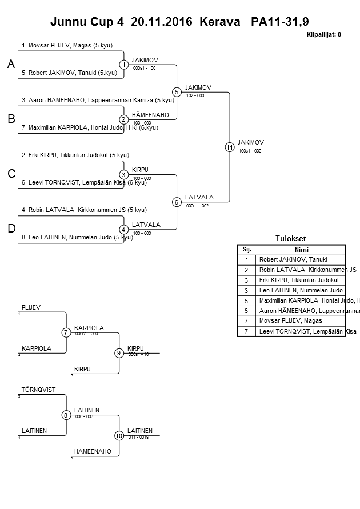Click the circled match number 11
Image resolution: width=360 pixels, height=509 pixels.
coord(230,147)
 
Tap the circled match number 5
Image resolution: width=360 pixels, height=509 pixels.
coord(177,92)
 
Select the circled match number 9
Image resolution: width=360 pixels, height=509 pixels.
coord(119,353)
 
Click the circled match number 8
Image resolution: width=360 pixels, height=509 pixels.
coord(66,415)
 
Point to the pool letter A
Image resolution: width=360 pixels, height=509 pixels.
coord(11,65)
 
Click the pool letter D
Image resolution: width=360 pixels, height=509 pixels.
coord(11,229)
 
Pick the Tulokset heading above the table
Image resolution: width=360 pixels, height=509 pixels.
coord(291,239)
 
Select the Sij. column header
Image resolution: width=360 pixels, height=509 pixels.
coord(247,249)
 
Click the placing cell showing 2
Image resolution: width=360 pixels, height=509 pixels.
coord(247,270)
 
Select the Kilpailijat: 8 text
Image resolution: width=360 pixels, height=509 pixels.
coord(324,35)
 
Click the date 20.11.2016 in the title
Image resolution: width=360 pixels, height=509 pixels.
coord(163,22)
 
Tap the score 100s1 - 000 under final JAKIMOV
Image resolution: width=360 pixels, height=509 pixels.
coord(250,151)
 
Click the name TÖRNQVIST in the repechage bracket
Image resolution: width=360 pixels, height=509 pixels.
coord(38,390)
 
